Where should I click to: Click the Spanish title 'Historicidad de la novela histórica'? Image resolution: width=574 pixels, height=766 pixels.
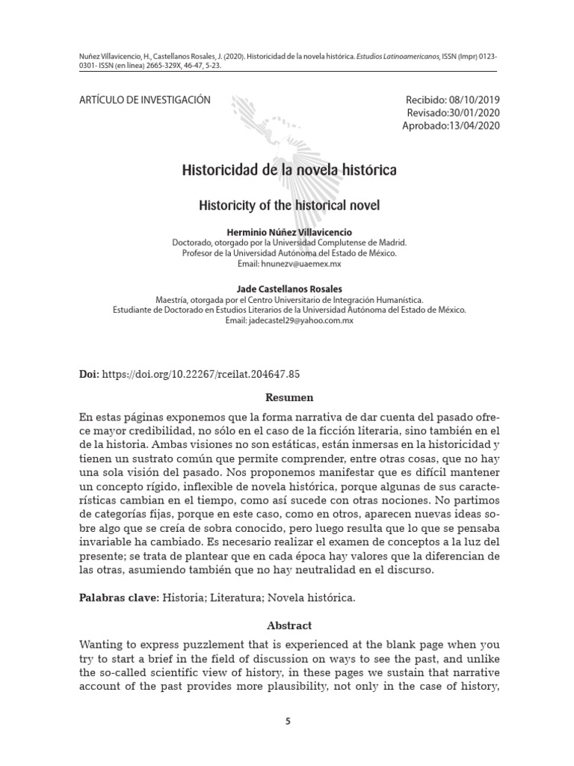click(x=289, y=171)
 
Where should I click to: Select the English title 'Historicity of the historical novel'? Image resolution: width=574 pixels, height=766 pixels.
click(x=289, y=203)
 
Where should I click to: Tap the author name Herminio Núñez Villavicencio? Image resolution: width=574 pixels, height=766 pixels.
click(x=288, y=233)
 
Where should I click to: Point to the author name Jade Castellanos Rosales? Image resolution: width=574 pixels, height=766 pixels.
click(x=288, y=288)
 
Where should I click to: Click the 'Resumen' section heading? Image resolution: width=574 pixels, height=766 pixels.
click(x=289, y=397)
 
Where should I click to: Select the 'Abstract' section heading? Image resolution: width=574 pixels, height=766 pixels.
click(x=289, y=625)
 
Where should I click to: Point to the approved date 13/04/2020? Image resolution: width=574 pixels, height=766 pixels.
click(x=472, y=126)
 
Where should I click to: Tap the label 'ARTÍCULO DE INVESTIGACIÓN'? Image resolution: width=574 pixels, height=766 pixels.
click(x=144, y=100)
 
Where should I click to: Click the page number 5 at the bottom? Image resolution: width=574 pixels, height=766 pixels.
click(x=288, y=721)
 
